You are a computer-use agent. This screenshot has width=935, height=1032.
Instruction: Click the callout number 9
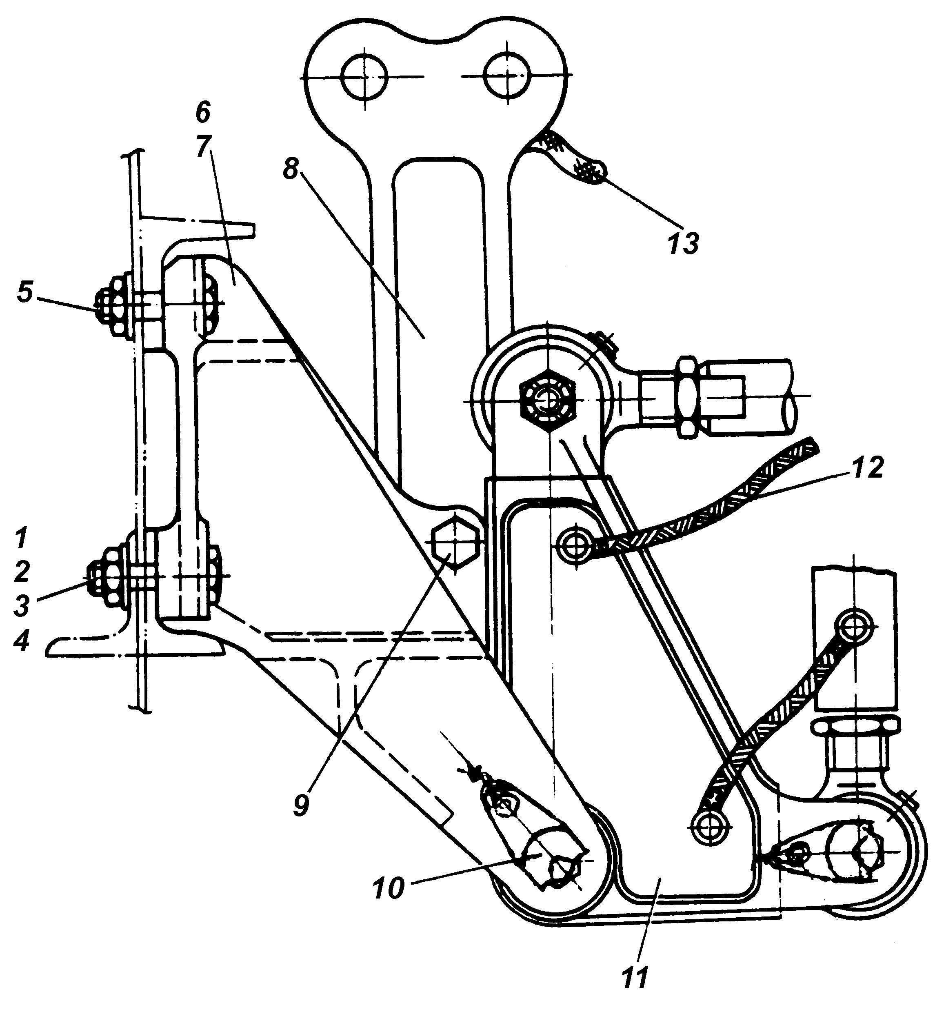click(x=302, y=805)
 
